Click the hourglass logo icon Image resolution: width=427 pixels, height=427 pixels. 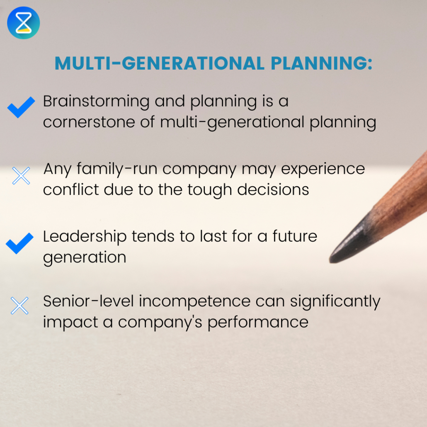click(23, 23)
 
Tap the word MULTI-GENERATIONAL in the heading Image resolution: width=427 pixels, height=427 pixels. click(159, 63)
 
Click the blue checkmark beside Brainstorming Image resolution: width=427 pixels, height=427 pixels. click(21, 107)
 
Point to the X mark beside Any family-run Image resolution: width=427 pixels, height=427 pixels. click(21, 176)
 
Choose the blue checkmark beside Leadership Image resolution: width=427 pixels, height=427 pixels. click(20, 243)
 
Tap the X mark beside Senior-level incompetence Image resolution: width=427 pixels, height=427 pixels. click(20, 306)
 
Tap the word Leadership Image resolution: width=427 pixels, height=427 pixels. click(85, 236)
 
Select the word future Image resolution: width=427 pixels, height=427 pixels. click(294, 236)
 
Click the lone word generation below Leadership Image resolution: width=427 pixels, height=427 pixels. click(85, 257)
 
